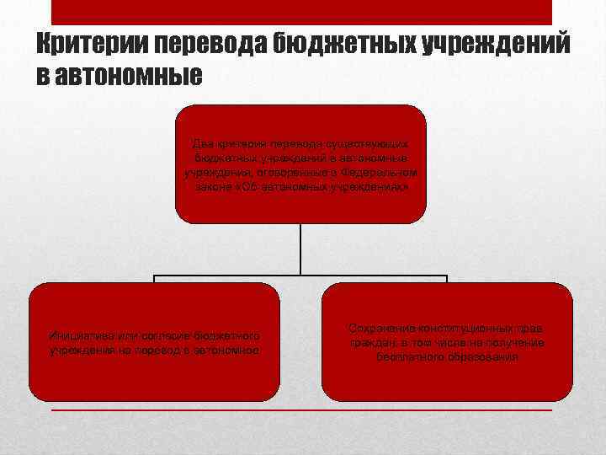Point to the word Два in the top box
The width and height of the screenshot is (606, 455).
pos(204,144)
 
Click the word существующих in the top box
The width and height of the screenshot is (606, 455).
pos(370,144)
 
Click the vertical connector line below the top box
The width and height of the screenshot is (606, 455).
pos(301,250)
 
